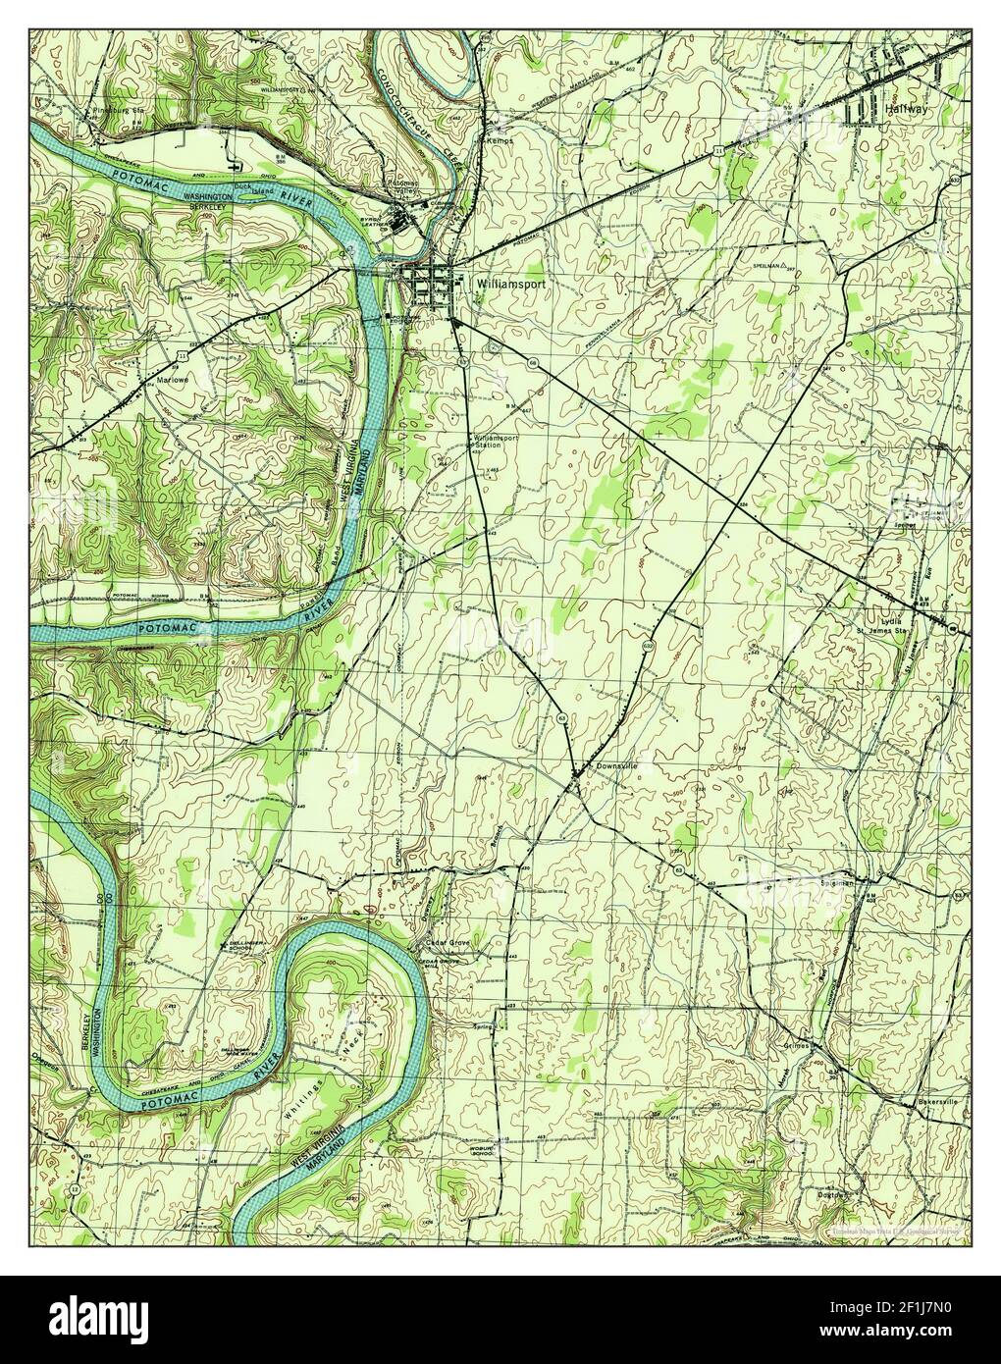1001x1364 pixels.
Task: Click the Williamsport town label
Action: pyautogui.click(x=509, y=281)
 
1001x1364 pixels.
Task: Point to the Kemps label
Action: pyautogui.click(x=500, y=140)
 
